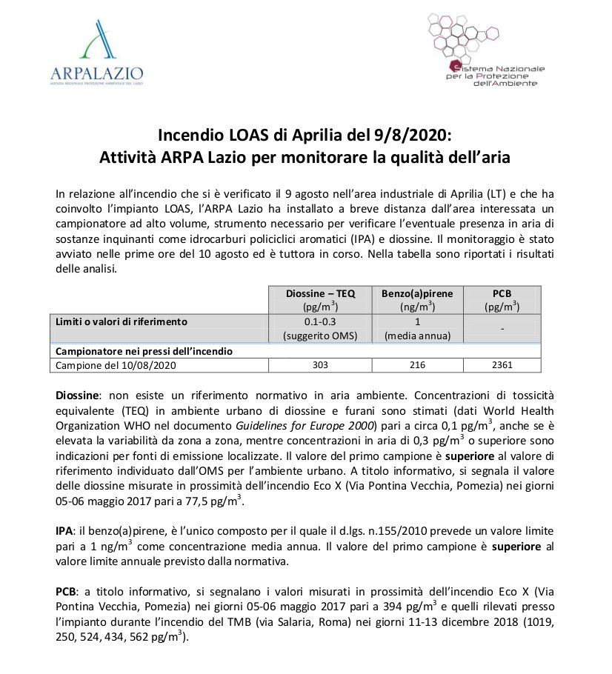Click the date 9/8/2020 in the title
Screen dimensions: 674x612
click(414, 136)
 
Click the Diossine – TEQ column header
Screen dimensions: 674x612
click(320, 293)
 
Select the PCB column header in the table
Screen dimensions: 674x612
click(502, 293)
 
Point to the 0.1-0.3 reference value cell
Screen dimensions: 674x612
click(320, 322)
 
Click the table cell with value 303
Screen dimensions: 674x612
click(320, 365)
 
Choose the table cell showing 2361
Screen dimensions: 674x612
click(502, 365)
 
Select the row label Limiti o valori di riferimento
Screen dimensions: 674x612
click(122, 322)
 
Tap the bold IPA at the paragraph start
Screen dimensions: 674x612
click(64, 533)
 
